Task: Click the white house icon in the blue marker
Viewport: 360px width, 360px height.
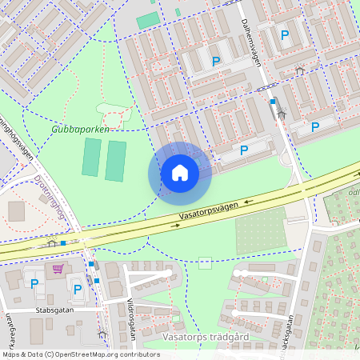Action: coord(179,173)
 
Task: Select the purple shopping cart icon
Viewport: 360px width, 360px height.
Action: coord(58,268)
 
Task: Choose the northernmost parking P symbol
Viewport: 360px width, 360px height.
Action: coord(285,34)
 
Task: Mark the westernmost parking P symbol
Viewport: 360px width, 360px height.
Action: coord(34,283)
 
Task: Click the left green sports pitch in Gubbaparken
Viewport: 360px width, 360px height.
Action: coord(91,158)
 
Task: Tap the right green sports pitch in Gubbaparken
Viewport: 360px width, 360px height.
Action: coord(116,161)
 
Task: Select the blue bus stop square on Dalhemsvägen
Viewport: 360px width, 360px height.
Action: coord(273,102)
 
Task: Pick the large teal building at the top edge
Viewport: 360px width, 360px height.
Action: coord(148,20)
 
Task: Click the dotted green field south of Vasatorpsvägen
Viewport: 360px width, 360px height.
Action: coord(261,231)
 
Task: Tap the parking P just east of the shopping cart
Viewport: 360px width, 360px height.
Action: coord(78,290)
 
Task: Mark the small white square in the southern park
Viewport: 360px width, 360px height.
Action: coord(206,262)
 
